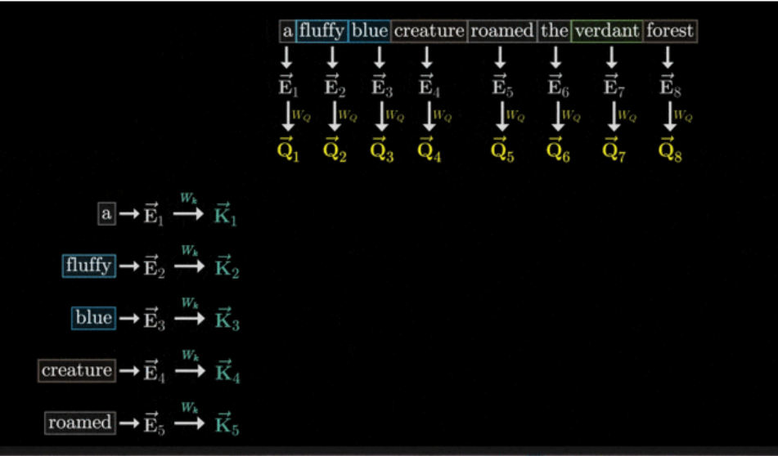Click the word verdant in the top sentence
coord(607,32)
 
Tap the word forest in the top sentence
coord(670,32)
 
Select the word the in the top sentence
coord(554,32)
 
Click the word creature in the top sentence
coord(428,32)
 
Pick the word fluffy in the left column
coord(89,266)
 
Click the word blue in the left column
coord(92,318)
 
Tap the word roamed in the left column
coord(79,422)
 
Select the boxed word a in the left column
coord(106,214)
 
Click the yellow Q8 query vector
coord(670,150)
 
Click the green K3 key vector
coord(227,320)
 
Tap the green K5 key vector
coord(227,425)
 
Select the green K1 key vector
coord(227,216)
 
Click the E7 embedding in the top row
coord(609,86)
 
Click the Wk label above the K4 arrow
coord(189,355)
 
